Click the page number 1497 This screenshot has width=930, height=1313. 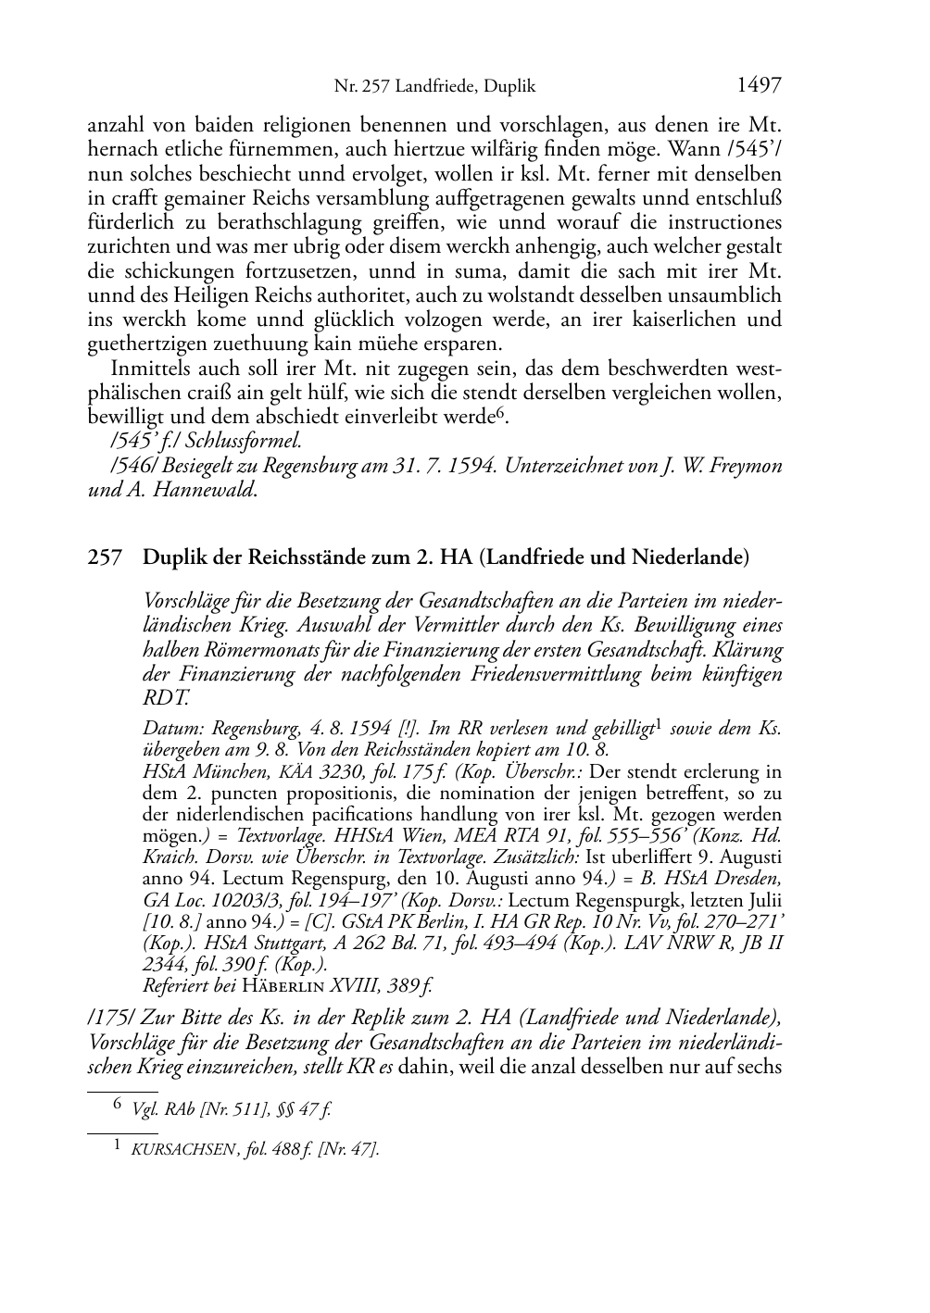(x=759, y=86)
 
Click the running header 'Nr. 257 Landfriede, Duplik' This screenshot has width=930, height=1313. (x=434, y=88)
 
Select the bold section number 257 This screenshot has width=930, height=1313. (x=106, y=558)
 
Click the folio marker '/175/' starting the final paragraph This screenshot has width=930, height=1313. (x=106, y=1018)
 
